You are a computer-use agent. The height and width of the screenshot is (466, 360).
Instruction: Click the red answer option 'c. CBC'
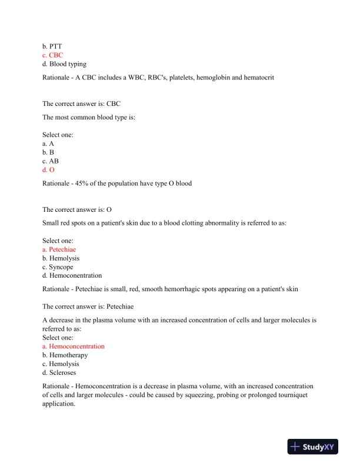click(x=52, y=55)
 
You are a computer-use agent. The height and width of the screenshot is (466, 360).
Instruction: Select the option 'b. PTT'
click(x=52, y=46)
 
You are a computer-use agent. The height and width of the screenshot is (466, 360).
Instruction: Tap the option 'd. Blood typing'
click(x=64, y=64)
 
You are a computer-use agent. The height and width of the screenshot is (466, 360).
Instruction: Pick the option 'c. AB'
click(x=51, y=161)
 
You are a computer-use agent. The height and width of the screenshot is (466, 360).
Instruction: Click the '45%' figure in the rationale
click(x=87, y=183)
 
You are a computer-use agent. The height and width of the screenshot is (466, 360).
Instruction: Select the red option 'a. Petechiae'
click(x=59, y=249)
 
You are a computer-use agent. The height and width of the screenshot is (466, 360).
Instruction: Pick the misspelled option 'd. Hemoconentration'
click(x=72, y=275)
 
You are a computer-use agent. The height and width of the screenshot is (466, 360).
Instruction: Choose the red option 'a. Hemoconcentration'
click(x=73, y=347)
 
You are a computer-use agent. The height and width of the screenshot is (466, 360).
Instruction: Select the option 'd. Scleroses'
click(x=59, y=372)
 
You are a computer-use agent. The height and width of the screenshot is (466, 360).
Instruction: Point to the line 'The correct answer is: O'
click(x=77, y=209)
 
